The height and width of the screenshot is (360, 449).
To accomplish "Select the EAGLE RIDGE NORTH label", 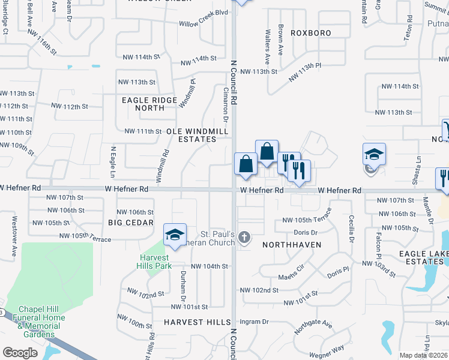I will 149,104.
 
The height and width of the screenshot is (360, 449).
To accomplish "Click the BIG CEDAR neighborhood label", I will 128,222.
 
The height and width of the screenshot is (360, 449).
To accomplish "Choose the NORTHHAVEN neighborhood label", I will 292,245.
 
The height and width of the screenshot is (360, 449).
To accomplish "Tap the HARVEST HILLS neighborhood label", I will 197,322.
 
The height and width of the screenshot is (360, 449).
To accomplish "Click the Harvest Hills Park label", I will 152,262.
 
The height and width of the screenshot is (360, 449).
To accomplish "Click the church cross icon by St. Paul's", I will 244,238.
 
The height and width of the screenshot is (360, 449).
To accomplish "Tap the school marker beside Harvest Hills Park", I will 174,235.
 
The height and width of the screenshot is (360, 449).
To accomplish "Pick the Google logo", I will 20,353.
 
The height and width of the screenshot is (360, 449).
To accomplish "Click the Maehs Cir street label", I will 292,277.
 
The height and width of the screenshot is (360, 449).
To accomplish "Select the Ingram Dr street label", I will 255,322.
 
